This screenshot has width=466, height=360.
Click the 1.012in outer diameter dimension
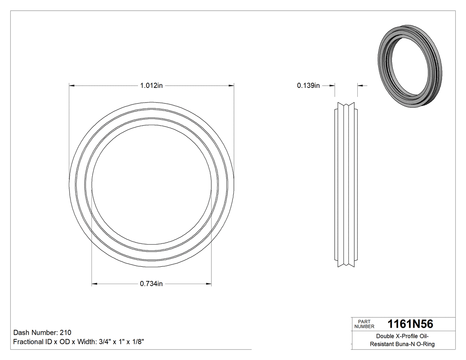[151, 86]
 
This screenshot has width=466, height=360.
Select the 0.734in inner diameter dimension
[151, 284]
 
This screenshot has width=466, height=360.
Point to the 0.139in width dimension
[308, 86]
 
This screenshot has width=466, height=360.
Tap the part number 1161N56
[410, 324]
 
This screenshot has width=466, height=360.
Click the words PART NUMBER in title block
[364, 324]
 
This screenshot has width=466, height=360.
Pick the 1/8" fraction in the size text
[136, 342]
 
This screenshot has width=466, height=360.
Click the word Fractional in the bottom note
[28, 342]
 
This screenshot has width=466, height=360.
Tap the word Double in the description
[384, 336]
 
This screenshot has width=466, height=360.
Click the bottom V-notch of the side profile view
[346, 265]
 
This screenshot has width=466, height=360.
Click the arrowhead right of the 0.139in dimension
[360, 86]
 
